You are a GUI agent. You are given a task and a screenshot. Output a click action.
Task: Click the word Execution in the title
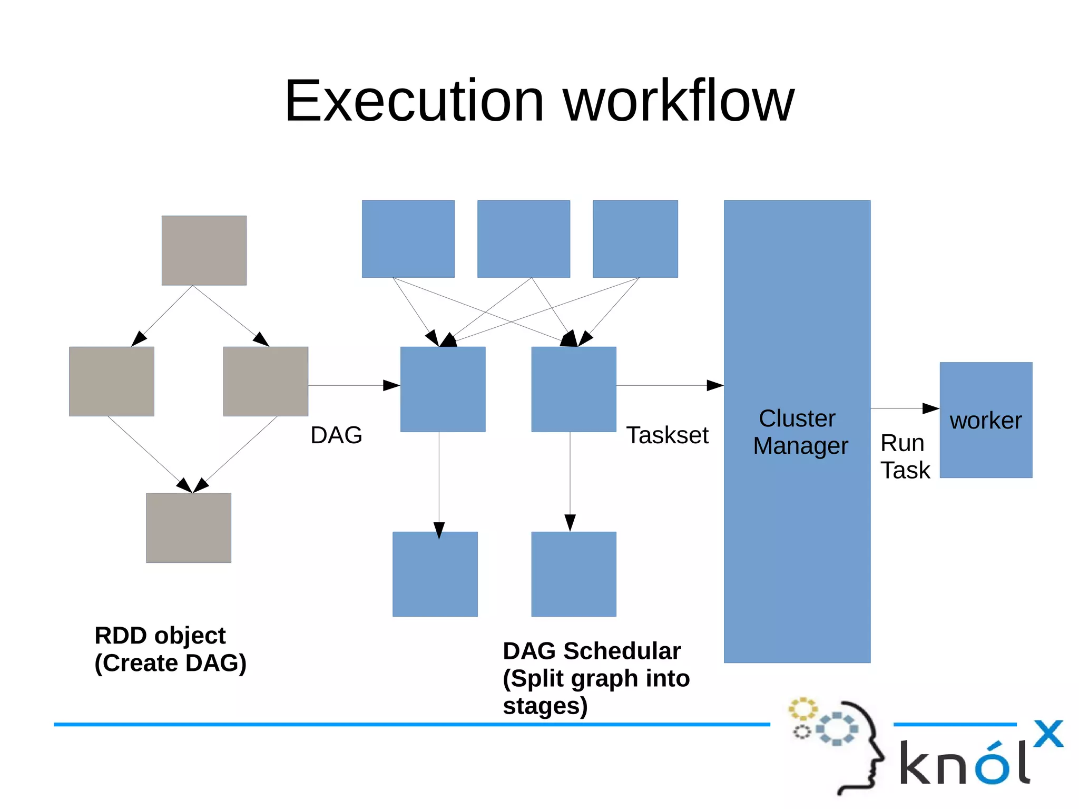click(414, 101)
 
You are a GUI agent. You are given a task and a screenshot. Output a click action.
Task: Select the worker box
click(986, 420)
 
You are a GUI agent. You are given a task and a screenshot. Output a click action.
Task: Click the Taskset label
click(667, 435)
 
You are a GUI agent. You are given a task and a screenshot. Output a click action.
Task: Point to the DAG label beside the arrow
click(336, 435)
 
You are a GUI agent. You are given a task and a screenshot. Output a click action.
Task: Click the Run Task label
click(905, 456)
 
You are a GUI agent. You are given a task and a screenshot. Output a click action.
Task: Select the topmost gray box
click(204, 250)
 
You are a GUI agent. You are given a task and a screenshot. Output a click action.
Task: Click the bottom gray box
click(189, 528)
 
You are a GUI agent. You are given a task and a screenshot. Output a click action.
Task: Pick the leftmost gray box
click(112, 381)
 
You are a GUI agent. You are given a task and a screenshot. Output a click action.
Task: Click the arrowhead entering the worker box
click(931, 408)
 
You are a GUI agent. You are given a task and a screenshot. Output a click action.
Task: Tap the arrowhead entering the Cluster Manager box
click(715, 386)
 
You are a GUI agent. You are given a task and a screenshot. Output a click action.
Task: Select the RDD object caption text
click(170, 649)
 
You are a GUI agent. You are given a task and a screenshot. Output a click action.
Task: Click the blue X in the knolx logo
click(1048, 734)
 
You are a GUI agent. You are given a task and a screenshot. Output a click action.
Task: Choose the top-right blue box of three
click(635, 239)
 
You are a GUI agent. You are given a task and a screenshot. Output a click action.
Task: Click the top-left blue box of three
click(408, 239)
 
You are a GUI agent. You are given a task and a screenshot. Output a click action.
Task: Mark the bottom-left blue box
click(435, 574)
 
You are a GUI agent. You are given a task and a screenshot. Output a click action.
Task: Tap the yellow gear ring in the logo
click(802, 708)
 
